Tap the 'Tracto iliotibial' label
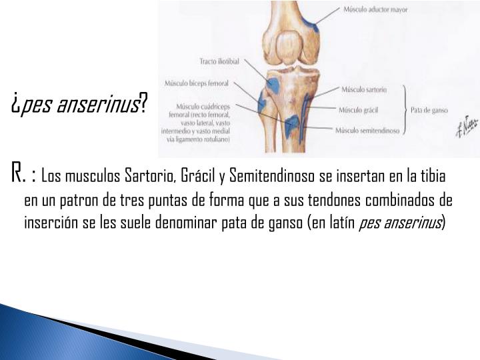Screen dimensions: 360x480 pos(221,61)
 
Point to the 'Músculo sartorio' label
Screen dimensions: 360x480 pos(364,88)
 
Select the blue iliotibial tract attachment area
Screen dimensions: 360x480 pos(273,85)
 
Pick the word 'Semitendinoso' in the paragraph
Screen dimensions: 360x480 pos(263,177)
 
